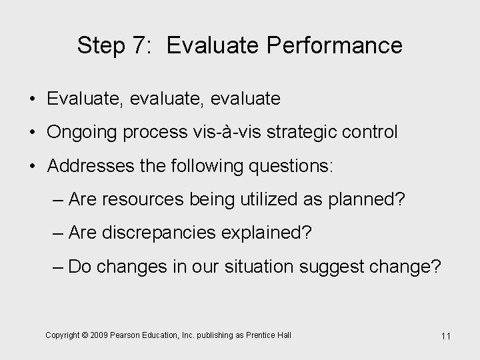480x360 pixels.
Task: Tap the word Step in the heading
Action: pyautogui.click(x=102, y=45)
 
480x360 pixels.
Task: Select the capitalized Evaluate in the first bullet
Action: pyautogui.click(x=85, y=99)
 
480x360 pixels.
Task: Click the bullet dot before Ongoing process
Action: pyautogui.click(x=32, y=132)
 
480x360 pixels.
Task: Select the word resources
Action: pyautogui.click(x=140, y=199)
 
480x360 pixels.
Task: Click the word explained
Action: pyautogui.click(x=271, y=233)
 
